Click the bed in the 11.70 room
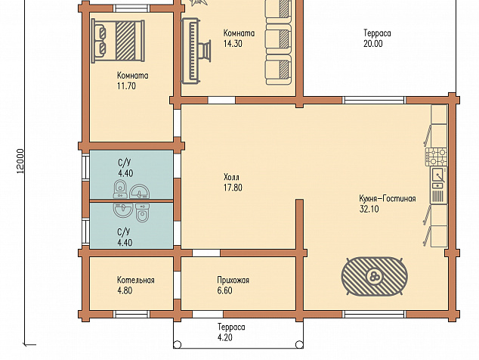[x=118, y=41]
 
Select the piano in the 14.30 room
[x=196, y=51]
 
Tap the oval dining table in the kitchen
[x=374, y=276]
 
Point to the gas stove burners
[x=436, y=157]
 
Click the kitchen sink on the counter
[x=439, y=178]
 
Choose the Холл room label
[x=231, y=177]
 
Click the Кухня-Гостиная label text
[x=388, y=198]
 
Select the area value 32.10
[x=369, y=209]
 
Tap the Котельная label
[x=136, y=280]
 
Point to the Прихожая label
[x=233, y=280]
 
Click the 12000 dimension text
[x=20, y=161]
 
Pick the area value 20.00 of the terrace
[x=372, y=44]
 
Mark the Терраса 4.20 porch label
[x=231, y=332]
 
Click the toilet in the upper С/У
[x=120, y=189]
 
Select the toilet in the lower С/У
[x=142, y=213]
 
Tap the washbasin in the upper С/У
[x=139, y=192]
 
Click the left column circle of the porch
[x=178, y=345]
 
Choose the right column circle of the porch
[x=300, y=345]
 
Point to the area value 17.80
[x=233, y=188]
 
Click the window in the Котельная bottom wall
[x=131, y=314]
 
